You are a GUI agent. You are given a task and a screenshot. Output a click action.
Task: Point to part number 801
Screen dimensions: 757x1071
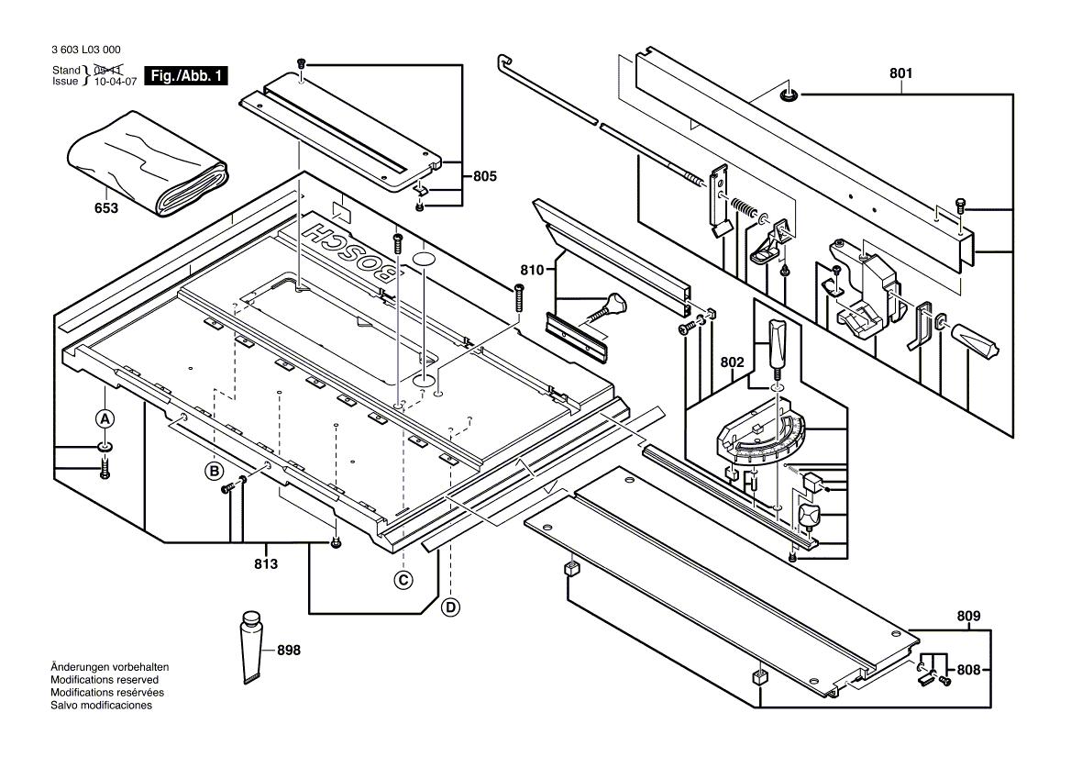902,72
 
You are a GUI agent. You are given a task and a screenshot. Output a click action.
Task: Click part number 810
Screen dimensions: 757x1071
533,270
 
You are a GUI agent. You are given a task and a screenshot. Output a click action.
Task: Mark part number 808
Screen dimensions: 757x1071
969,670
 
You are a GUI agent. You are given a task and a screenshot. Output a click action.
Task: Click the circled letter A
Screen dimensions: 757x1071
105,418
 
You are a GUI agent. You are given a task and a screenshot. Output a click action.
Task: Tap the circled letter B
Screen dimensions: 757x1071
215,472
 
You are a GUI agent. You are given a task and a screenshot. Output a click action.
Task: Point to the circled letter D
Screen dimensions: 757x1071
450,607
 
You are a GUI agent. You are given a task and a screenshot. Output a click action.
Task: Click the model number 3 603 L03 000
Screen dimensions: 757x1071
86,50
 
